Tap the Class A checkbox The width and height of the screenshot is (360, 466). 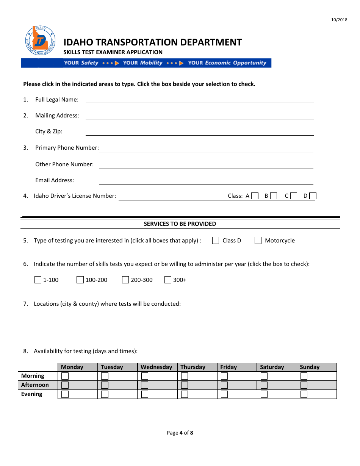[x=255, y=196]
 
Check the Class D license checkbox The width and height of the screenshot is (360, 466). [x=313, y=196]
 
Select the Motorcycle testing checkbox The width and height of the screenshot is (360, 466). [x=258, y=241]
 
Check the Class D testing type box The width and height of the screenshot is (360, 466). [x=216, y=241]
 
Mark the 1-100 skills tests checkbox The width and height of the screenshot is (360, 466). [x=38, y=280]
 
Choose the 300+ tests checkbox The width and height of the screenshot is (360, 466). [x=168, y=280]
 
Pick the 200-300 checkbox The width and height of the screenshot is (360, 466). [x=125, y=280]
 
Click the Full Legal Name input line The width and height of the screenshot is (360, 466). [x=199, y=100]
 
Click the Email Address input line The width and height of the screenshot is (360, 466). [x=206, y=181]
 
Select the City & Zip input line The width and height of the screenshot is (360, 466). [x=199, y=132]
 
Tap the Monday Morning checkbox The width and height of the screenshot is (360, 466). [x=65, y=376]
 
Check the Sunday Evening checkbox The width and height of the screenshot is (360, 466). [x=304, y=394]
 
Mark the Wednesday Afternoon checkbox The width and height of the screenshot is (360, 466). [x=145, y=385]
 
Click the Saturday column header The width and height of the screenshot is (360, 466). [x=272, y=367]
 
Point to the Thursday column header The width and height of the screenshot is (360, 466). [x=193, y=367]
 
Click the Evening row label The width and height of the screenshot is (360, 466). [x=32, y=394]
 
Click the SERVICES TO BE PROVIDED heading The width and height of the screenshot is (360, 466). [x=180, y=224]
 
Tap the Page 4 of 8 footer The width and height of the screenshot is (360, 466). [x=180, y=433]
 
